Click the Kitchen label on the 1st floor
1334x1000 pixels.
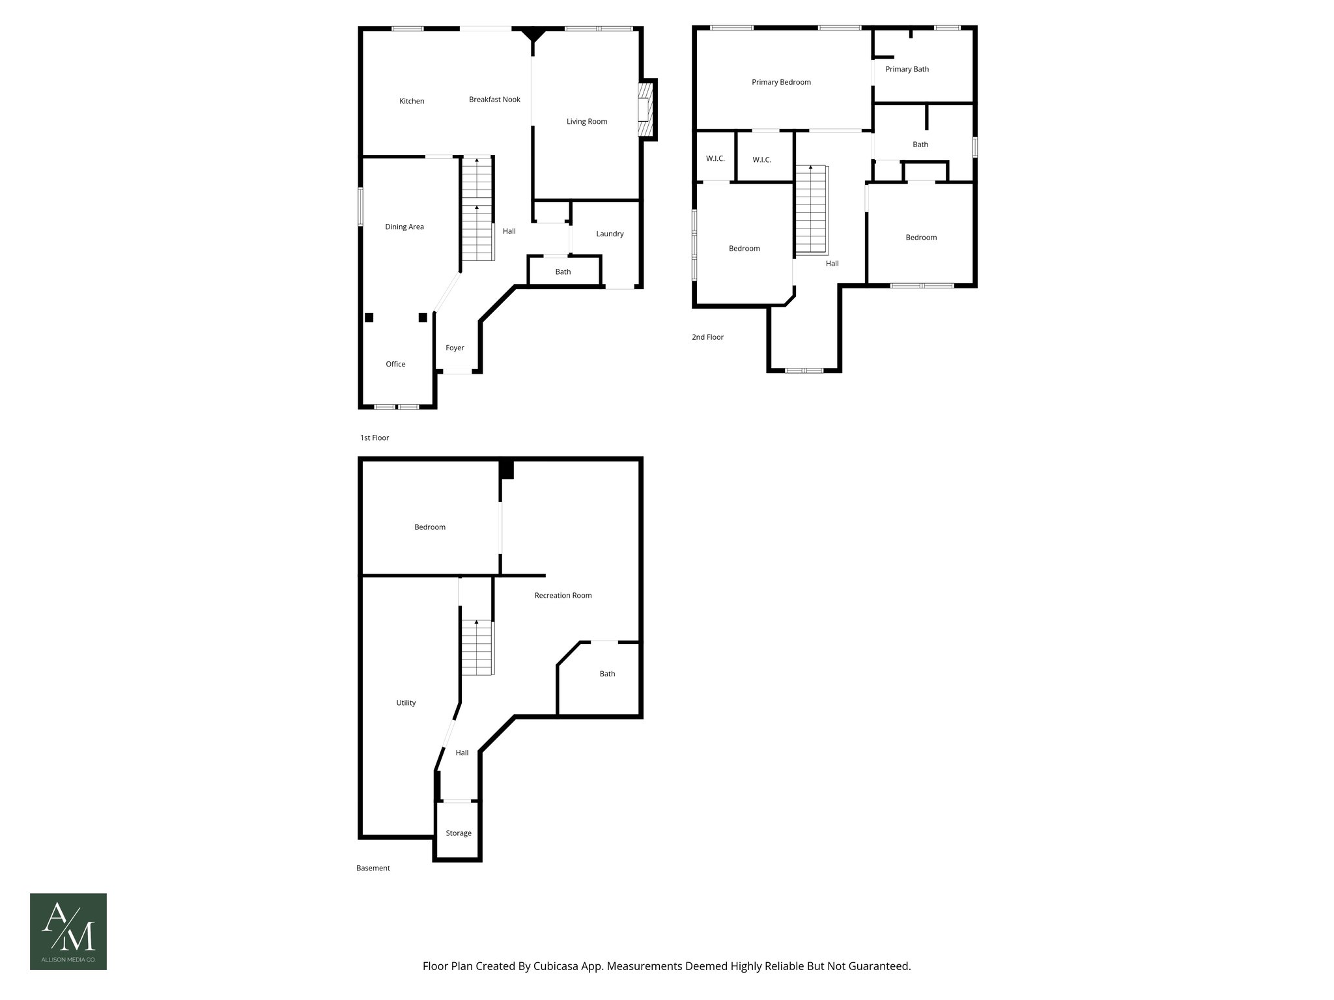pyautogui.click(x=412, y=101)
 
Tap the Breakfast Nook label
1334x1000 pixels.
pyautogui.click(x=494, y=100)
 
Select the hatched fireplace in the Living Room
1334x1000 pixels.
pyautogui.click(x=646, y=110)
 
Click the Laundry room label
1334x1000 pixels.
pyautogui.click(x=610, y=234)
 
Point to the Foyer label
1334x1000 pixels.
pyautogui.click(x=455, y=348)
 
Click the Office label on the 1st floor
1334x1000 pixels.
pyautogui.click(x=395, y=364)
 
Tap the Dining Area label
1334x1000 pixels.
pyautogui.click(x=404, y=227)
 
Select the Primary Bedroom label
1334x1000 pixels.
pyautogui.click(x=781, y=82)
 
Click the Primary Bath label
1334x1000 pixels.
pyautogui.click(x=907, y=69)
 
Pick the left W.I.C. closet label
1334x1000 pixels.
pyautogui.click(x=715, y=159)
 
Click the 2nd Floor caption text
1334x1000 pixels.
pyautogui.click(x=707, y=337)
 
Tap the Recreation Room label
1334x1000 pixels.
pyautogui.click(x=563, y=595)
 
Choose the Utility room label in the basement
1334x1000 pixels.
pyautogui.click(x=406, y=702)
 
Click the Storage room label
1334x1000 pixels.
pyautogui.click(x=459, y=833)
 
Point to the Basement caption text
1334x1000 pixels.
pyautogui.click(x=373, y=868)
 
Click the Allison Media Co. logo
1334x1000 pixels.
pyautogui.click(x=68, y=931)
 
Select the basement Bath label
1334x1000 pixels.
pyautogui.click(x=607, y=674)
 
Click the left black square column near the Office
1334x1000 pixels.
pyautogui.click(x=369, y=318)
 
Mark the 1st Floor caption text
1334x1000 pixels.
pyautogui.click(x=375, y=437)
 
